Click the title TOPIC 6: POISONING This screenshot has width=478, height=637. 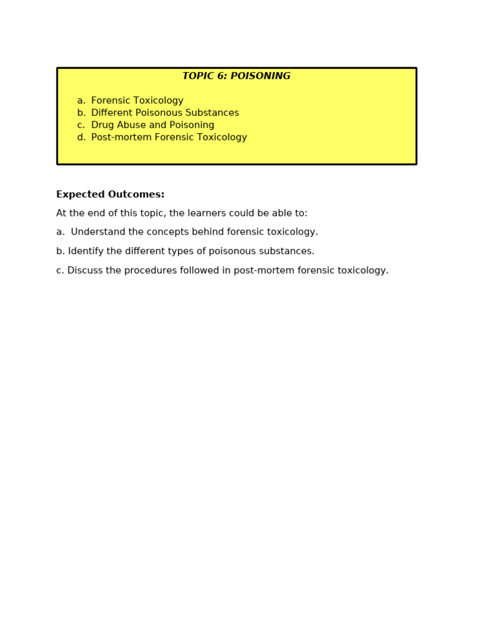(236, 77)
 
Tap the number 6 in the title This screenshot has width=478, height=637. (221, 77)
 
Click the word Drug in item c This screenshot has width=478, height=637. (102, 125)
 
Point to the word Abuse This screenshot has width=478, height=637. (131, 125)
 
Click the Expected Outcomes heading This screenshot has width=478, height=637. (110, 195)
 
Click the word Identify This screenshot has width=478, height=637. (85, 251)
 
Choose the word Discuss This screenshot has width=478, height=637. (85, 271)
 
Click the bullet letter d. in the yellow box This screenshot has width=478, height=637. (82, 137)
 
